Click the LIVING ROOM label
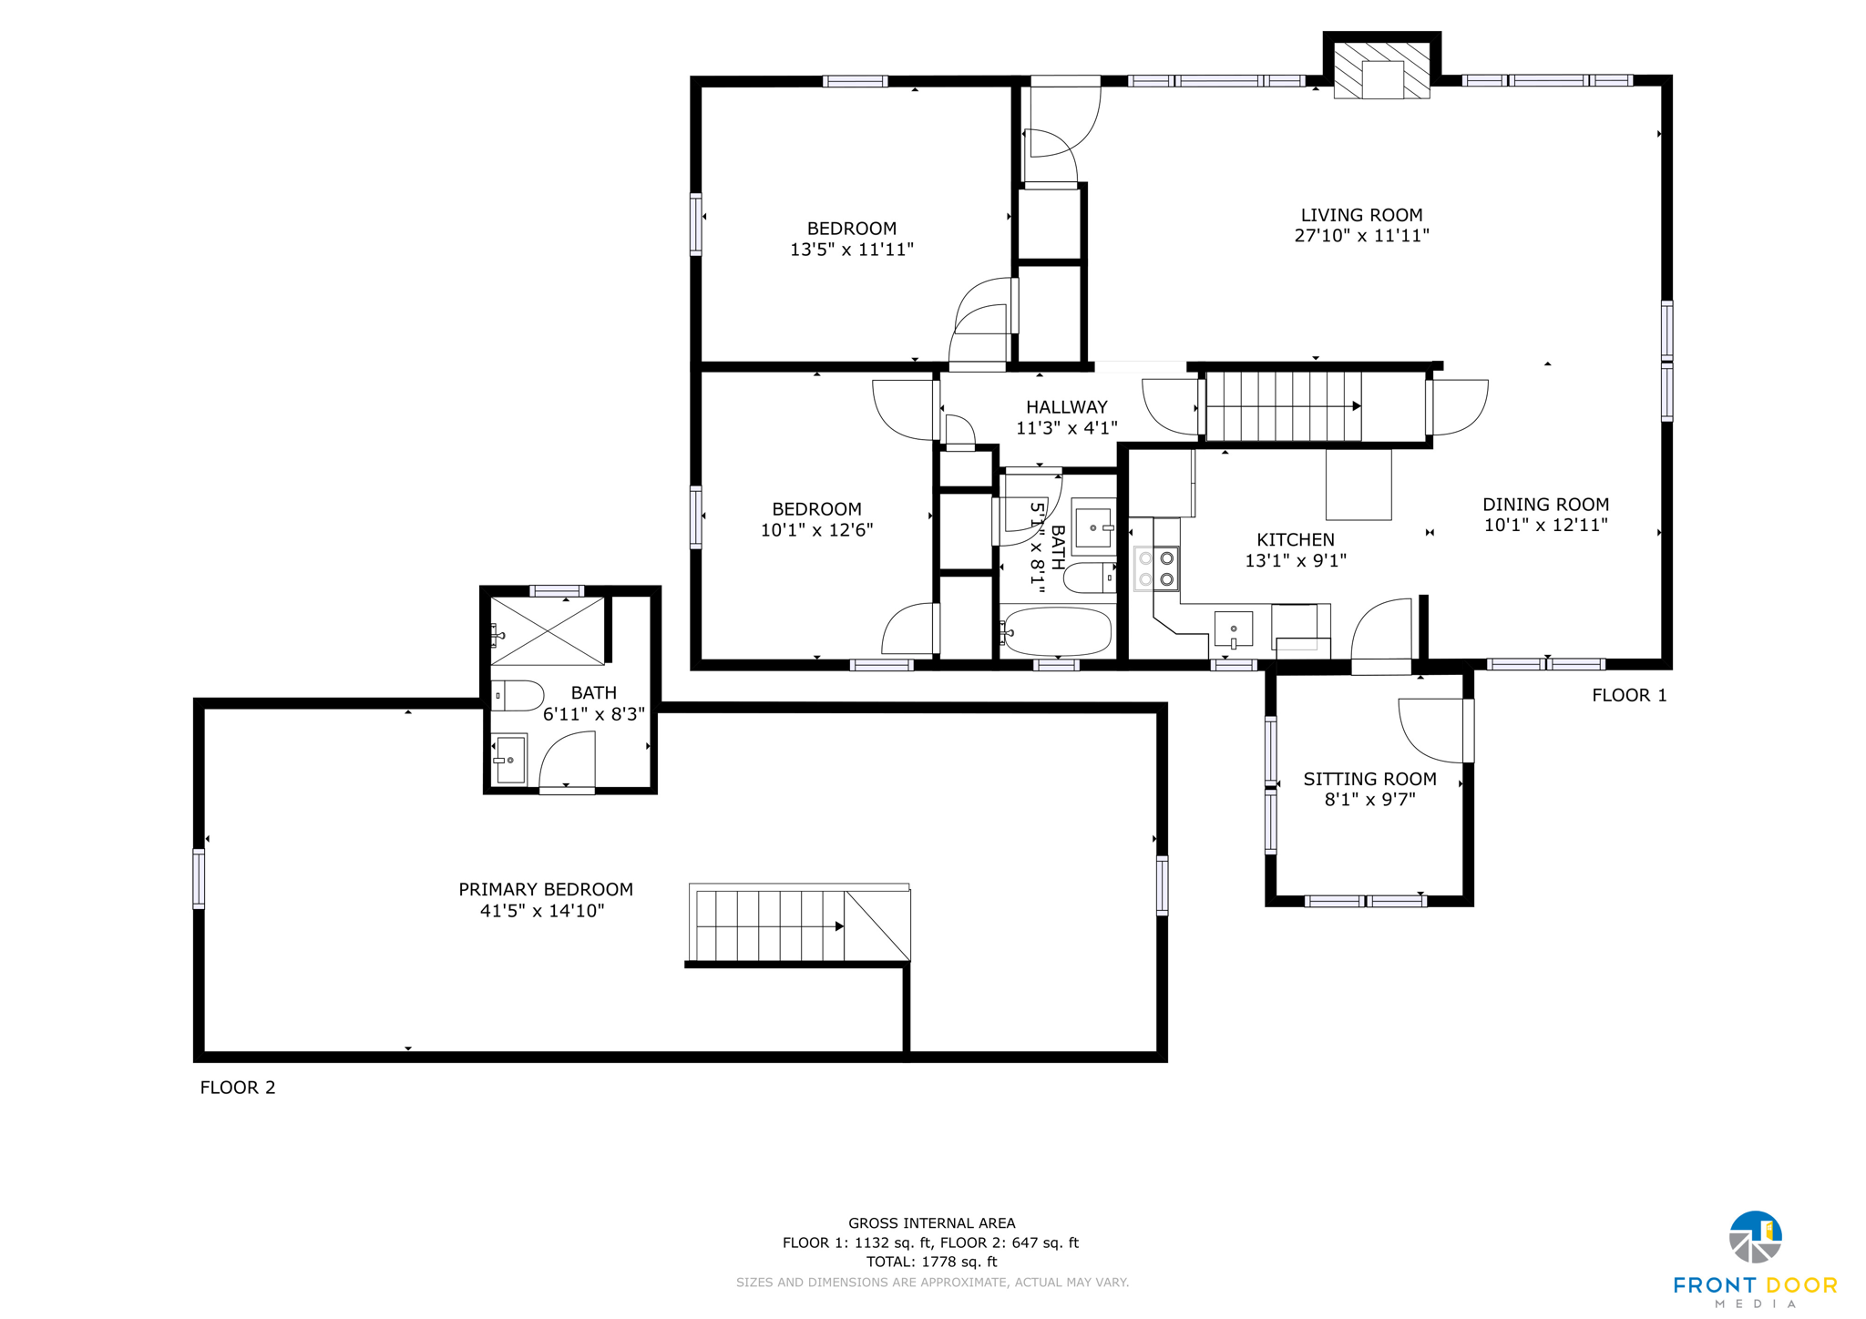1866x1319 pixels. click(1361, 216)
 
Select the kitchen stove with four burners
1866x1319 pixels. click(1156, 568)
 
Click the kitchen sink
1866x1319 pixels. click(1234, 629)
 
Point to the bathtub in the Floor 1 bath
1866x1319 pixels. click(1057, 631)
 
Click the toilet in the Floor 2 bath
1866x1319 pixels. click(516, 696)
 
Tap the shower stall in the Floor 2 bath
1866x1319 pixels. click(548, 630)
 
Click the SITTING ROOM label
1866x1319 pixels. click(1369, 779)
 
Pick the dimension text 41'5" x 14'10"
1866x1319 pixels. click(542, 911)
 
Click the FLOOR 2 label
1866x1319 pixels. click(238, 1088)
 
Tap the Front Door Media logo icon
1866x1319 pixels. click(1755, 1237)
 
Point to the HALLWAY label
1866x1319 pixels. click(1066, 407)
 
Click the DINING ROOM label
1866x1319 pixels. click(1545, 505)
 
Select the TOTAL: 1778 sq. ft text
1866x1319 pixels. click(931, 1262)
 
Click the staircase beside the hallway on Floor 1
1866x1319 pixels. click(1283, 406)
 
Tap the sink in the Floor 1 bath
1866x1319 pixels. click(1092, 527)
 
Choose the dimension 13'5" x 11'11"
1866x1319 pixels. click(851, 250)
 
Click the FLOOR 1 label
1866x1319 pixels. click(1629, 696)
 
